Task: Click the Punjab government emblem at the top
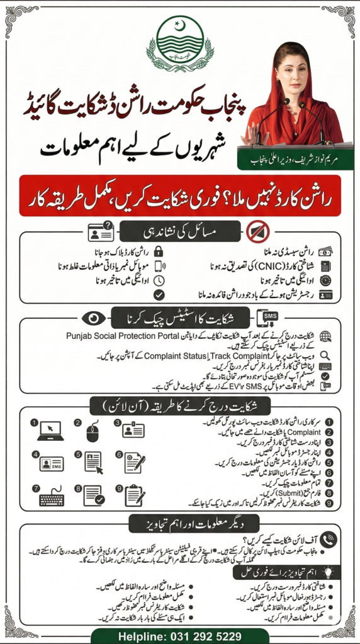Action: [179, 45]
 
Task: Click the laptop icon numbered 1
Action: [50, 431]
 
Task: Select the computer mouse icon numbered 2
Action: [93, 431]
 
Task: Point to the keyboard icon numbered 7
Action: [51, 497]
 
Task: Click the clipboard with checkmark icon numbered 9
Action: [134, 496]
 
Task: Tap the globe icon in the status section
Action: [325, 337]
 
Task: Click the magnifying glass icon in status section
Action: [325, 355]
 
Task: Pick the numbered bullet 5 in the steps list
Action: [329, 463]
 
